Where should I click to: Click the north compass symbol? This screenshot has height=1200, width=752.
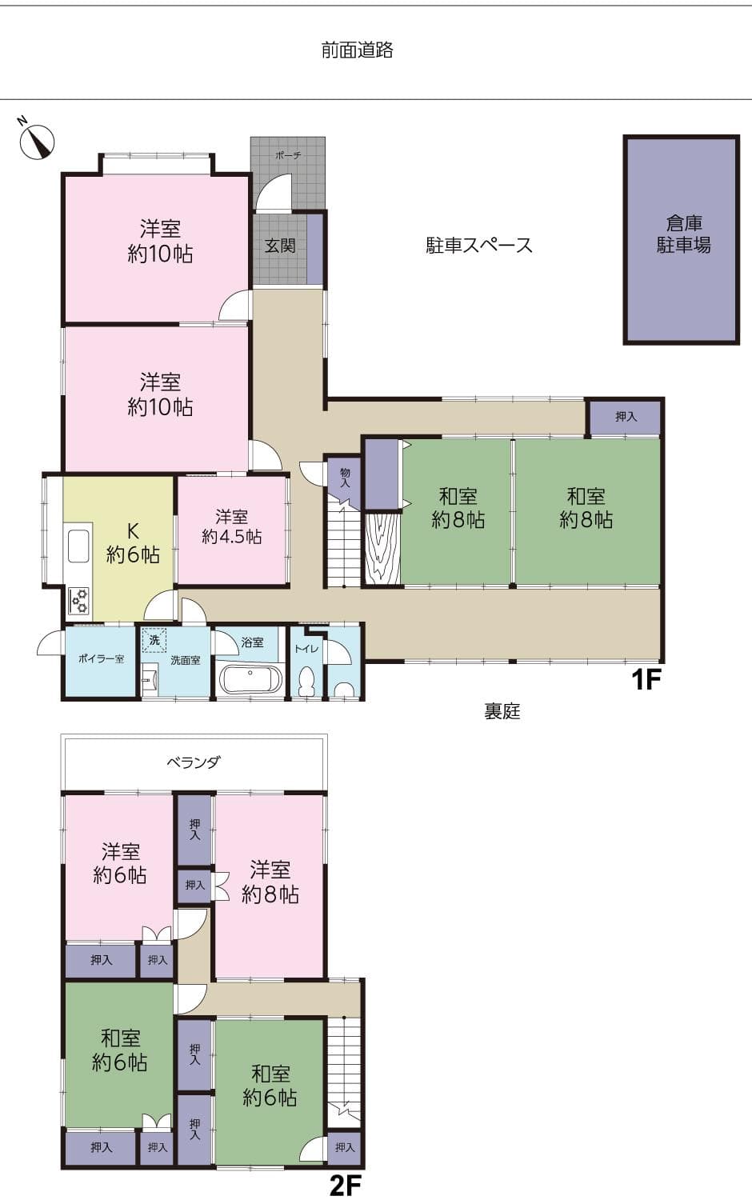click(37, 140)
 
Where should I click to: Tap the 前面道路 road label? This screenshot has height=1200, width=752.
click(357, 50)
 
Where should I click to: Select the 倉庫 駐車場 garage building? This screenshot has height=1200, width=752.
click(682, 240)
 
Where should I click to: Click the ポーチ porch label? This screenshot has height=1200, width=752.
click(288, 155)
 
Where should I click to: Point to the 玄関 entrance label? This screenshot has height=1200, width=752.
click(280, 246)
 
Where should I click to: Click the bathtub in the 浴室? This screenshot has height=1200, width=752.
click(250, 680)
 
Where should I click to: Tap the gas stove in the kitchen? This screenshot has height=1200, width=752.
click(79, 600)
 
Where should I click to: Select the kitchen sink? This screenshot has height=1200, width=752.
click(78, 546)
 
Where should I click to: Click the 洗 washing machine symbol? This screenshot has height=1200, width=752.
click(154, 640)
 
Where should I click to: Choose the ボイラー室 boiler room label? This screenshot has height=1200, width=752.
click(101, 659)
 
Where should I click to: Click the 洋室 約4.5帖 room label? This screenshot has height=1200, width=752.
click(231, 527)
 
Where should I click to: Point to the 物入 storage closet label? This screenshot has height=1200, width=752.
click(345, 478)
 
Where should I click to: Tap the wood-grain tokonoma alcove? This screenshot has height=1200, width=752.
click(382, 549)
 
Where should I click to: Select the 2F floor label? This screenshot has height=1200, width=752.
click(346, 1185)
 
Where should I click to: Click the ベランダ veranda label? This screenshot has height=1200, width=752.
click(193, 763)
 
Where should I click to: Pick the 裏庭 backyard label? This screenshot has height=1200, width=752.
click(502, 711)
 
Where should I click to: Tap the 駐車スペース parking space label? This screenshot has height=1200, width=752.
click(478, 246)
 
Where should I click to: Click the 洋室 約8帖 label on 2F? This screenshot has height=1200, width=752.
click(270, 882)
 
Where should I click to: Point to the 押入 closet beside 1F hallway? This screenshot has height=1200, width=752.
click(626, 417)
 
